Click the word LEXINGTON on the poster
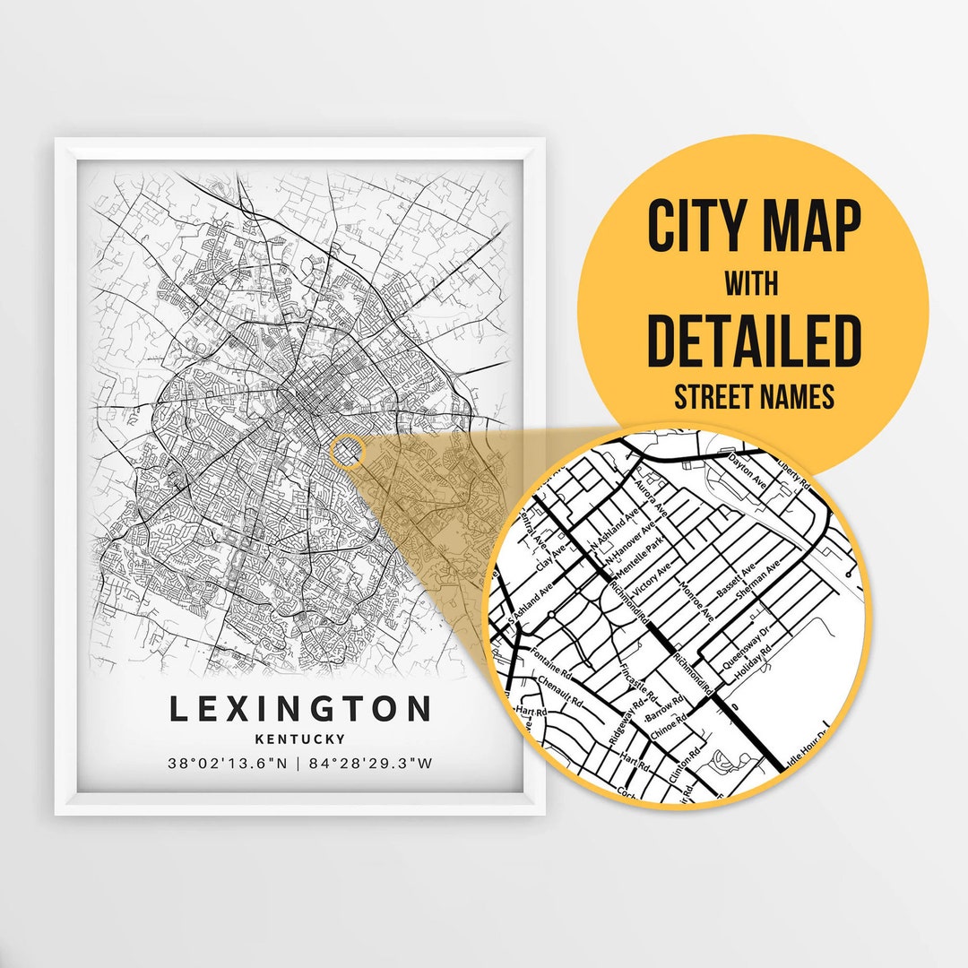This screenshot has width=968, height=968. pyautogui.click(x=300, y=709)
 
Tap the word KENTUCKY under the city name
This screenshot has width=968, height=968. pyautogui.click(x=300, y=739)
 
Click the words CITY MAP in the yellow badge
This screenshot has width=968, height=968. pyautogui.click(x=754, y=226)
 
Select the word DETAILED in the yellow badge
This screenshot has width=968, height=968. pyautogui.click(x=754, y=341)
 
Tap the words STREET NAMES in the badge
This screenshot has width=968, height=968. pyautogui.click(x=754, y=397)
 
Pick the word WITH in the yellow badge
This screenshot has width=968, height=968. pyautogui.click(x=754, y=285)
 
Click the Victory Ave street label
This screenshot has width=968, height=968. pyautogui.click(x=652, y=581)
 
